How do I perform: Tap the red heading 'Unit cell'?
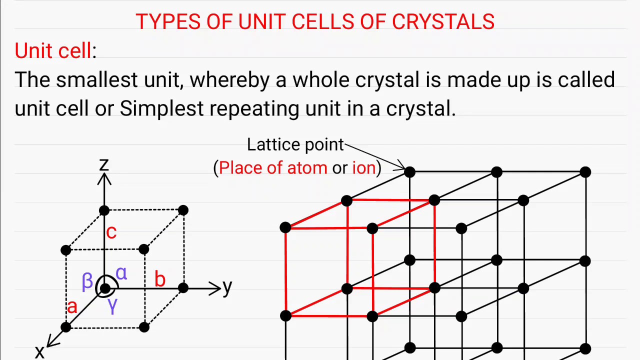tap(53, 51)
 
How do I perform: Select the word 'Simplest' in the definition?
tap(161, 108)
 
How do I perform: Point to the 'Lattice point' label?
tap(295, 145)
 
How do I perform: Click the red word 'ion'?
tap(363, 168)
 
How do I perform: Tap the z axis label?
tap(104, 164)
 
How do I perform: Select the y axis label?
tap(227, 287)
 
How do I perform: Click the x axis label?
tap(39, 352)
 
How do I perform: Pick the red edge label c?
tap(111, 231)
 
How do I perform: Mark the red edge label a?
tap(72, 306)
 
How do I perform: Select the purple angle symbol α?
tap(121, 273)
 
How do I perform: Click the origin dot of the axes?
tap(104, 288)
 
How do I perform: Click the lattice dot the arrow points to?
tap(409, 172)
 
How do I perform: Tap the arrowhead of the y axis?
tap(216, 288)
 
